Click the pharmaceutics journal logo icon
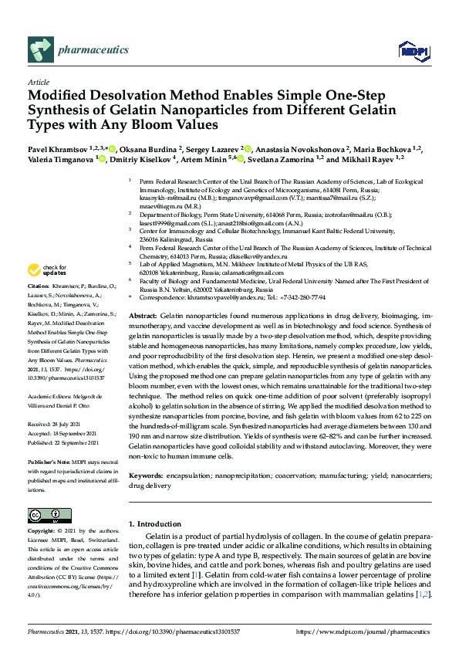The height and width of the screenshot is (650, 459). tap(39, 49)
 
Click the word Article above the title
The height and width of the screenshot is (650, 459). tap(38, 81)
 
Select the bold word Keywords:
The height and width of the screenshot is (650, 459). tap(146, 477)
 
